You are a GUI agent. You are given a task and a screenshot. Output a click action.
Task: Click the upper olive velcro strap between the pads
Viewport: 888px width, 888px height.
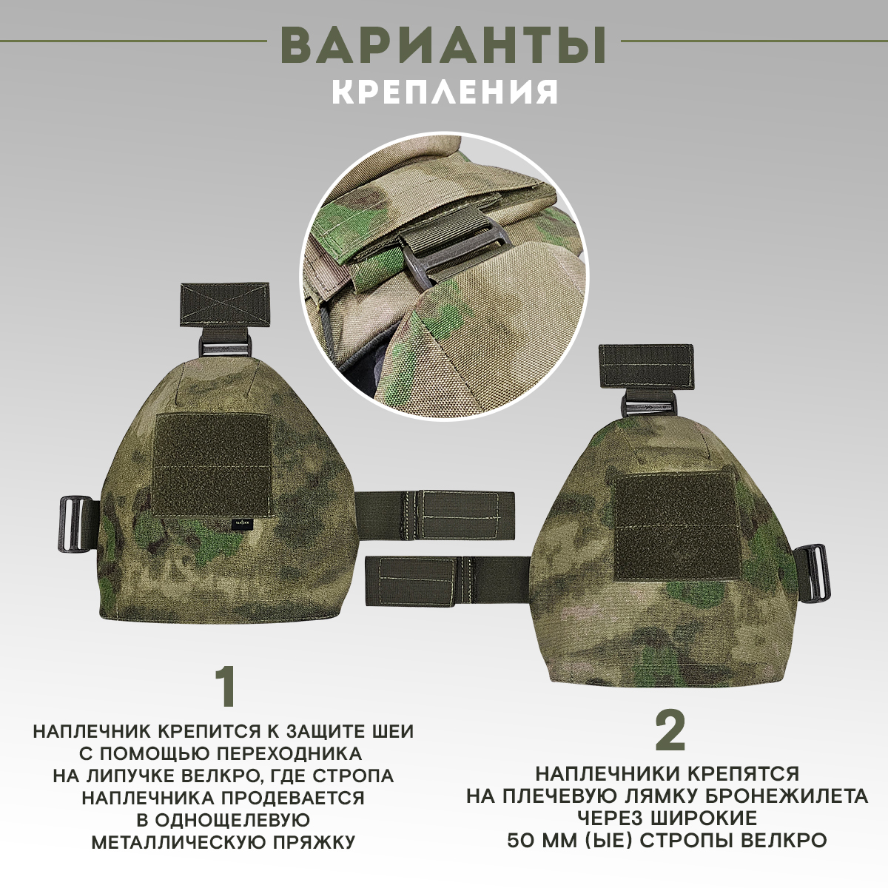pyautogui.click(x=434, y=508)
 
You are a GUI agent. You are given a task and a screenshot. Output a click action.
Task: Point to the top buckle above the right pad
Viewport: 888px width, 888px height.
pyautogui.click(x=648, y=407)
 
